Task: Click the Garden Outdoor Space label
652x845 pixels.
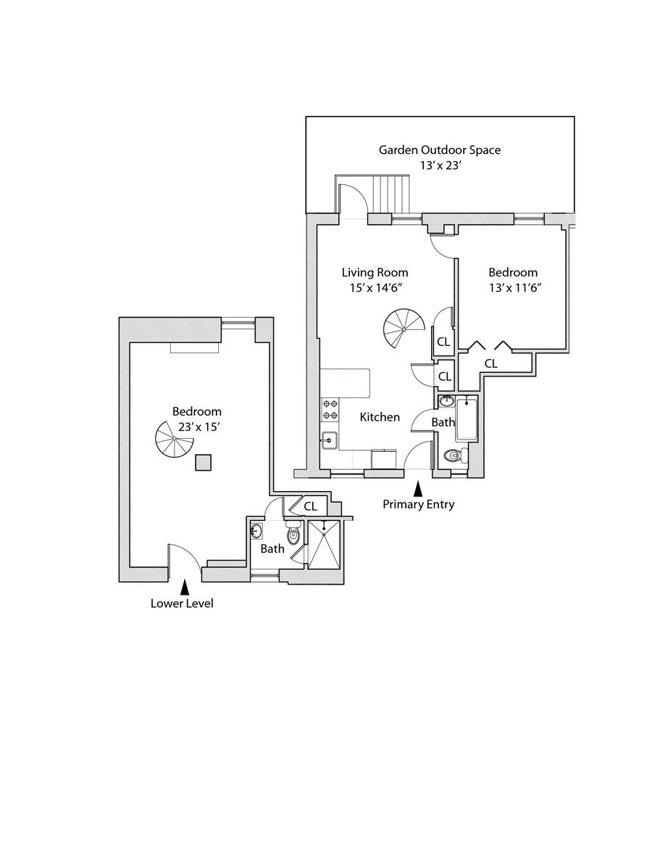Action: (x=440, y=150)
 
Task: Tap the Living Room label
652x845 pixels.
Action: (x=375, y=273)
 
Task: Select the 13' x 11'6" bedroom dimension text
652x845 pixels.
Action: (x=513, y=287)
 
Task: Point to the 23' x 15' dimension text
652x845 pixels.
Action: (x=197, y=427)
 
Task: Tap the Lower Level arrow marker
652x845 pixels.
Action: (x=185, y=586)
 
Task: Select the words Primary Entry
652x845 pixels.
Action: (x=418, y=505)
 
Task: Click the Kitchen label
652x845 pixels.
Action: (x=380, y=417)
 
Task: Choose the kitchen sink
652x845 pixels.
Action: (x=330, y=440)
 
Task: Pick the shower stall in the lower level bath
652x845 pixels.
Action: (x=323, y=545)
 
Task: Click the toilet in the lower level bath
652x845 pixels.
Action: (x=293, y=535)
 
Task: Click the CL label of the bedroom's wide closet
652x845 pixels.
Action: (x=490, y=363)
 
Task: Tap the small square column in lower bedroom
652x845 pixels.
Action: (x=204, y=462)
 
